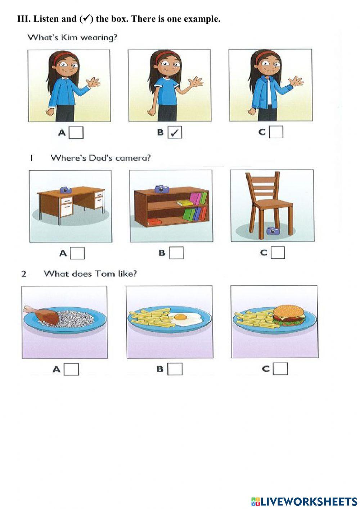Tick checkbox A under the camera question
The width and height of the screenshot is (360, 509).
click(77, 253)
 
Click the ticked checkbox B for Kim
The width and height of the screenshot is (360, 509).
click(175, 133)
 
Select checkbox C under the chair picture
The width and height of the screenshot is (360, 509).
click(278, 253)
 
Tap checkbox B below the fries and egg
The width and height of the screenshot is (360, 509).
click(175, 369)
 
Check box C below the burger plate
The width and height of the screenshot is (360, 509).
click(280, 369)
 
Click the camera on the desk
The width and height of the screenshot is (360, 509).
click(66, 189)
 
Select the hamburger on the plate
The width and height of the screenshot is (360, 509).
click(289, 314)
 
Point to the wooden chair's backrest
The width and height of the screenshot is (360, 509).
click(262, 187)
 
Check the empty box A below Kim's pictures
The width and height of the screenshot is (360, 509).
click(76, 133)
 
